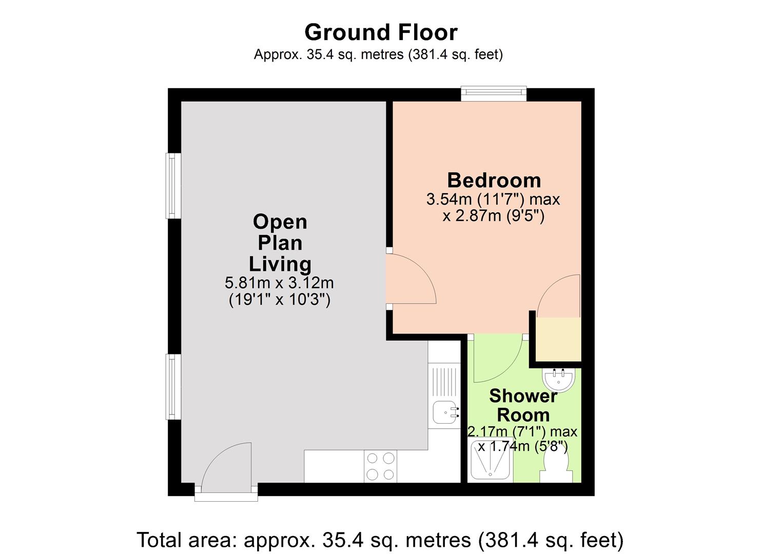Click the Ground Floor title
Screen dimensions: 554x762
coord(381,32)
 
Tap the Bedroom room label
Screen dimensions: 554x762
coord(494,181)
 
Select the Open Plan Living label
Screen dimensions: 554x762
coord(280,243)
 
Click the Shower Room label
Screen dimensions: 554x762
coord(523,405)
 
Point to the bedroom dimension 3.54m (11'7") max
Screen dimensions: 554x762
coord(493,199)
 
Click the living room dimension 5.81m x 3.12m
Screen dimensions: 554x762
coord(280,283)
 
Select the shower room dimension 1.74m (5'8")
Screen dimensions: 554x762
coord(523,446)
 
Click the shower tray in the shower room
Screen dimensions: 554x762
coord(491,460)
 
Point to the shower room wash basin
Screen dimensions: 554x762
coord(559,380)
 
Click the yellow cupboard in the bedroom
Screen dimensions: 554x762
coord(558,339)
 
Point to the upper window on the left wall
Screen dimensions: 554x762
coord(173,186)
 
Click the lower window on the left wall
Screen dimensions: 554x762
coord(173,387)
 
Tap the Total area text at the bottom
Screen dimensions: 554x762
coord(380,540)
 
